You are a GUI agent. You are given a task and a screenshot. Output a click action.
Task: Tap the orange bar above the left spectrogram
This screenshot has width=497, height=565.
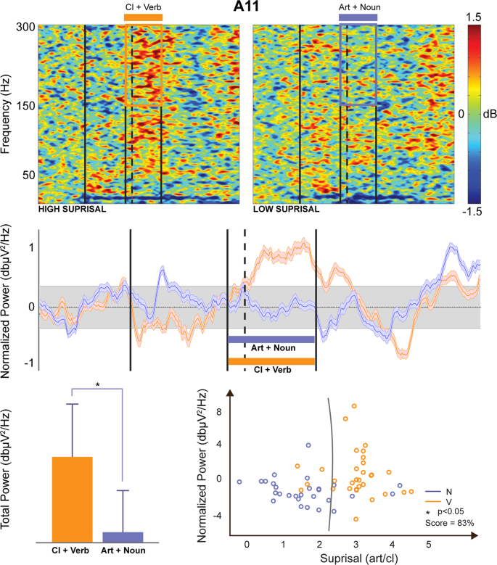point(143,17)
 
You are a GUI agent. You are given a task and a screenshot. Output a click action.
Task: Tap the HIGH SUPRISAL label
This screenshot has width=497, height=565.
point(72,209)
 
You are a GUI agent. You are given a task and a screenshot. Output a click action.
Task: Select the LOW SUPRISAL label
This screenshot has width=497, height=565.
point(286,209)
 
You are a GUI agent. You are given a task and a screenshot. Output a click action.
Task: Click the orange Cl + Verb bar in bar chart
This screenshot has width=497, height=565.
point(71,499)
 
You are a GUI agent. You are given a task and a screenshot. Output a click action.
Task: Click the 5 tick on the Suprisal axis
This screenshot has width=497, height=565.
point(428,544)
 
